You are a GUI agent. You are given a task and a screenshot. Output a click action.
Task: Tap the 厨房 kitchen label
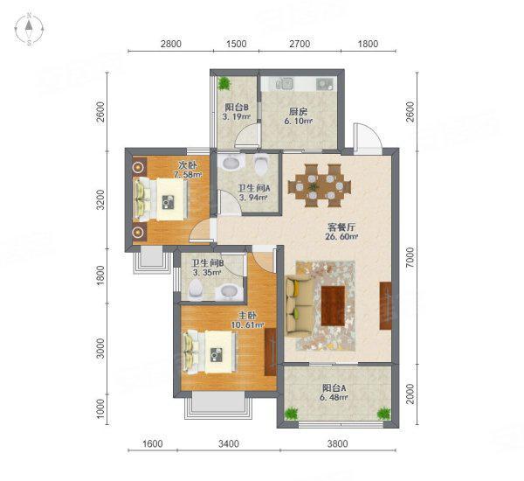point(298,111)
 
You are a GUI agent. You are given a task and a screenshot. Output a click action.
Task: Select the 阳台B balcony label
point(236,108)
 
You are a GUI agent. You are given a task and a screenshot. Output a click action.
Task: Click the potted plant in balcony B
point(225,84)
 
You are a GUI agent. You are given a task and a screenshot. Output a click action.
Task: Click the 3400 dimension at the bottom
point(228,444)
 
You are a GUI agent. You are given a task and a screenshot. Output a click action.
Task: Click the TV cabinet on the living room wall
point(384,306)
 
